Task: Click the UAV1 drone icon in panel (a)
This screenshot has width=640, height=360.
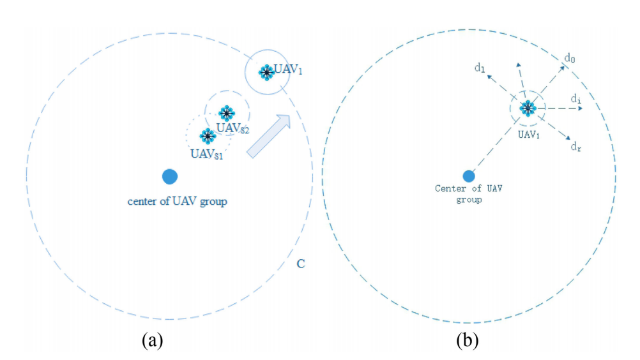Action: click(266, 72)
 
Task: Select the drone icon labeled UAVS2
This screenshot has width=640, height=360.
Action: click(225, 114)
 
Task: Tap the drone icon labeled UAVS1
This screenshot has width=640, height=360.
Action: click(207, 135)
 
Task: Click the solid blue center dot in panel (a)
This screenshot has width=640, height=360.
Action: click(170, 176)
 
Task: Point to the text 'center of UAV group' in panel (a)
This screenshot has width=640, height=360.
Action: click(178, 202)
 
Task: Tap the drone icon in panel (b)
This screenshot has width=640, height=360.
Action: click(527, 108)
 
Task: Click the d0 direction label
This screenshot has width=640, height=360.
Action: click(570, 59)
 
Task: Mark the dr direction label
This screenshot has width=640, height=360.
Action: click(575, 146)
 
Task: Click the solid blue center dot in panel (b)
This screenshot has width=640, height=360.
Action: click(468, 176)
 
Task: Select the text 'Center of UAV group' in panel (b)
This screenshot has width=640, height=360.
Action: click(467, 193)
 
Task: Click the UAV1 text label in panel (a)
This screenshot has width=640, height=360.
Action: click(288, 70)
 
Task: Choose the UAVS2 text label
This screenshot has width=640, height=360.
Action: click(232, 128)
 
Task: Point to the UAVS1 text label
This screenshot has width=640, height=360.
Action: click(208, 153)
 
